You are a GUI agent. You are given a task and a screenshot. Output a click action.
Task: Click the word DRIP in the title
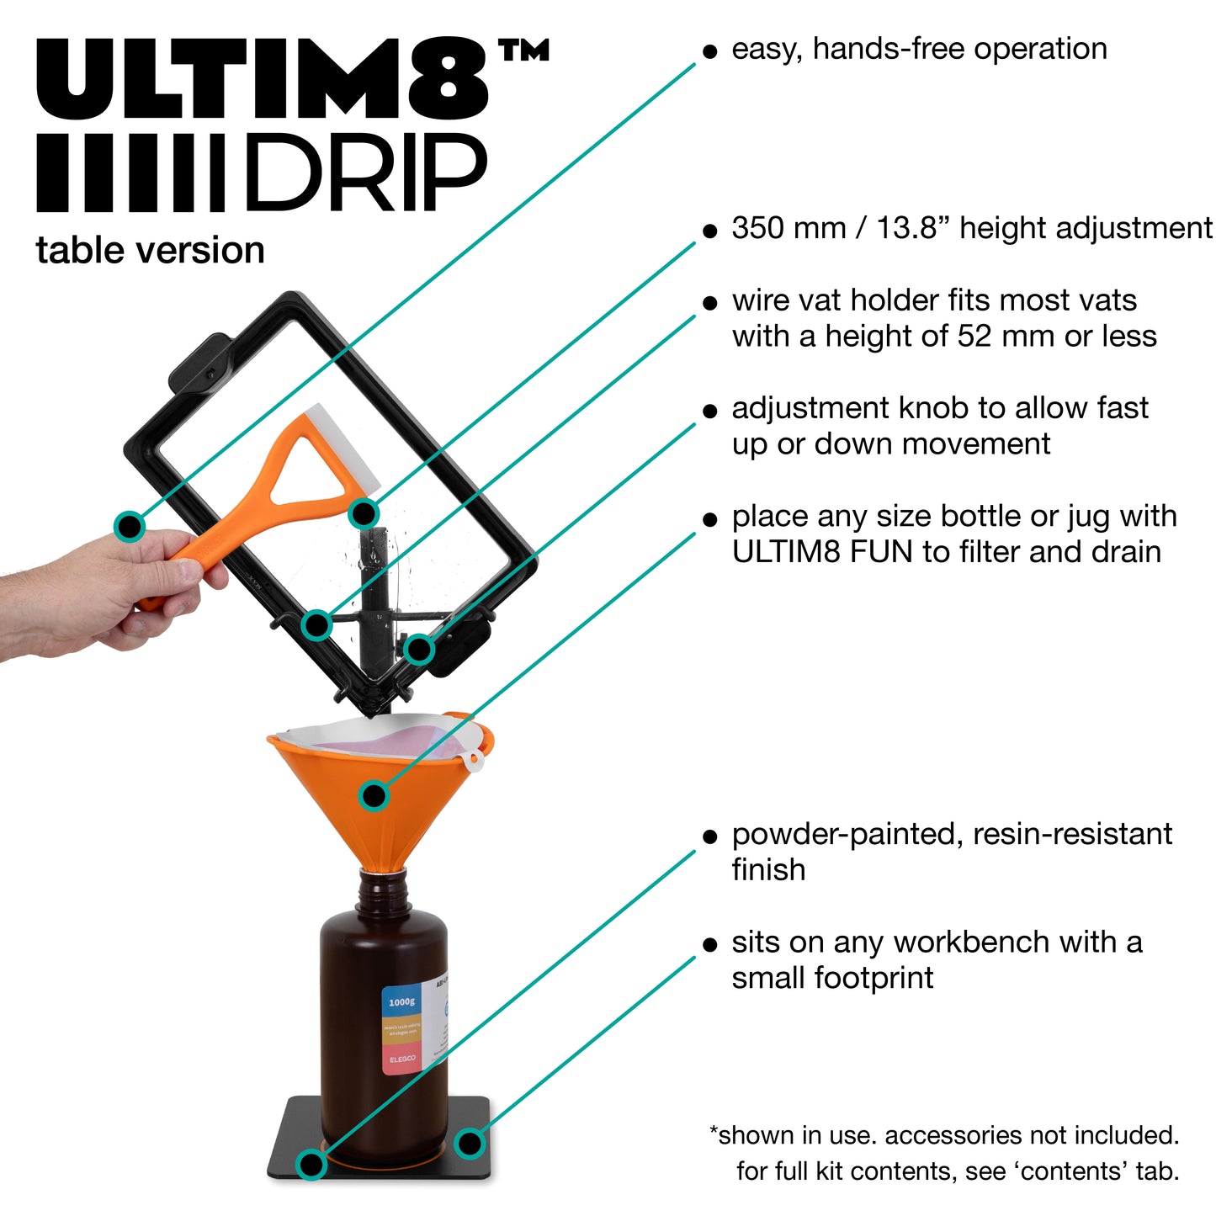coord(365,173)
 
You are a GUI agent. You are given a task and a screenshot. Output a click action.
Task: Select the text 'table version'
coord(150,250)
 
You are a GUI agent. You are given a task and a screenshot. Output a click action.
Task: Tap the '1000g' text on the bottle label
coord(401,1001)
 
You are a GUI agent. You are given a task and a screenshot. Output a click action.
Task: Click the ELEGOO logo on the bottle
coord(402,1059)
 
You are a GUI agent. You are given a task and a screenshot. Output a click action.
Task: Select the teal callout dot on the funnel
coord(374,795)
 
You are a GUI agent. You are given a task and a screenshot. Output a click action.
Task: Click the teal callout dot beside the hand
coord(130,526)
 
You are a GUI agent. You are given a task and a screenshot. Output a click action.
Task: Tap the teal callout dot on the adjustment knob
coord(419,649)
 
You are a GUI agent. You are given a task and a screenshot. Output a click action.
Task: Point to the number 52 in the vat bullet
coord(973,337)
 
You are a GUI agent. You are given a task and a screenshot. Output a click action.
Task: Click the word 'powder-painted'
coord(847,834)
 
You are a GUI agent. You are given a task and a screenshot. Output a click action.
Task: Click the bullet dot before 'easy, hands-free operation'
coord(710,52)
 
